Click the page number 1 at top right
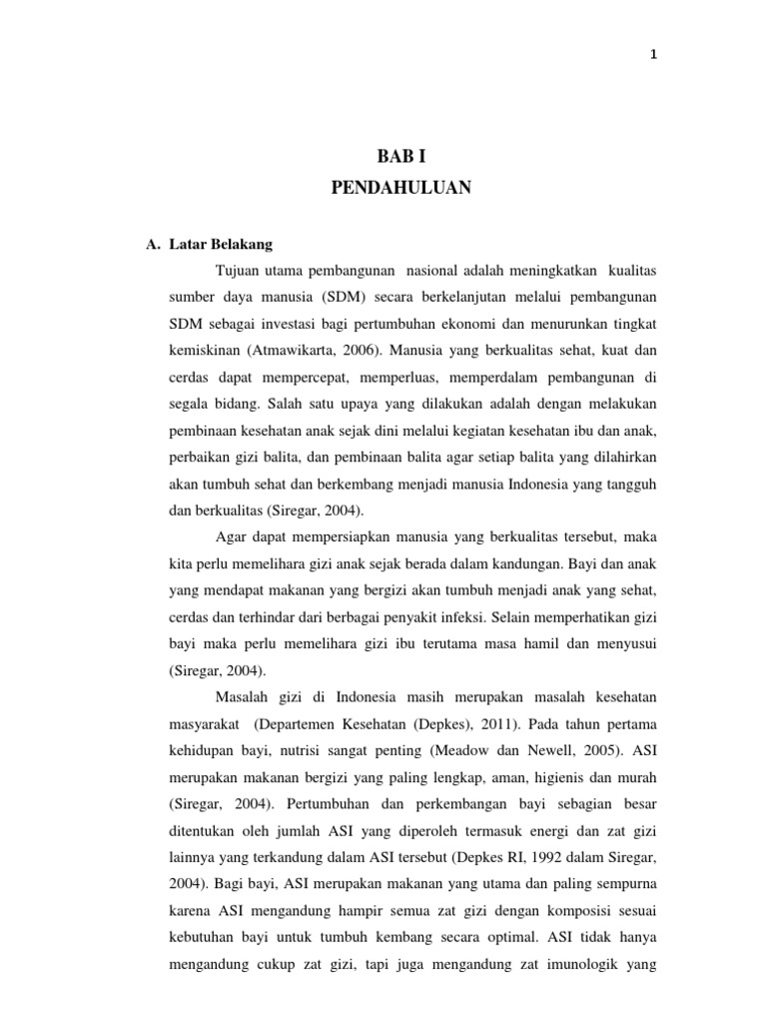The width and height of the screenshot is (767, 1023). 652,55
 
